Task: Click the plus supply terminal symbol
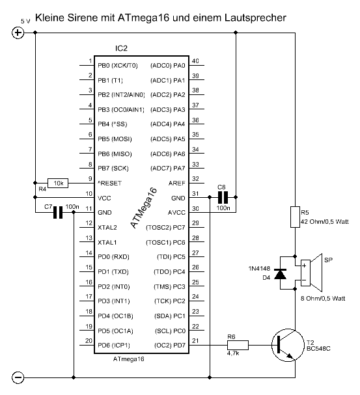[18, 33]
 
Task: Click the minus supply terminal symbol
[18, 377]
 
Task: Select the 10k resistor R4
[58, 183]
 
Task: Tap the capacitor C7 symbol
[58, 213]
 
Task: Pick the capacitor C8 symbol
[223, 197]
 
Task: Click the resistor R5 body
[295, 217]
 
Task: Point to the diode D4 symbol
[280, 274]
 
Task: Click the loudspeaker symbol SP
[311, 273]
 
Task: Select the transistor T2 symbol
[288, 345]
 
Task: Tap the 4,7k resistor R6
[238, 345]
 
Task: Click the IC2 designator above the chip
[121, 48]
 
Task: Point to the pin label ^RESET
[109, 183]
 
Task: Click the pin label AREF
[176, 183]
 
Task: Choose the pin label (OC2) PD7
[170, 345]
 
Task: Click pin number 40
[195, 61]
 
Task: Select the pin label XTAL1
[107, 242]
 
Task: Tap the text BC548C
[318, 349]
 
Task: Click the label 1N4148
[259, 269]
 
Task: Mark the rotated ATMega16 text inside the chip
[144, 208]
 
